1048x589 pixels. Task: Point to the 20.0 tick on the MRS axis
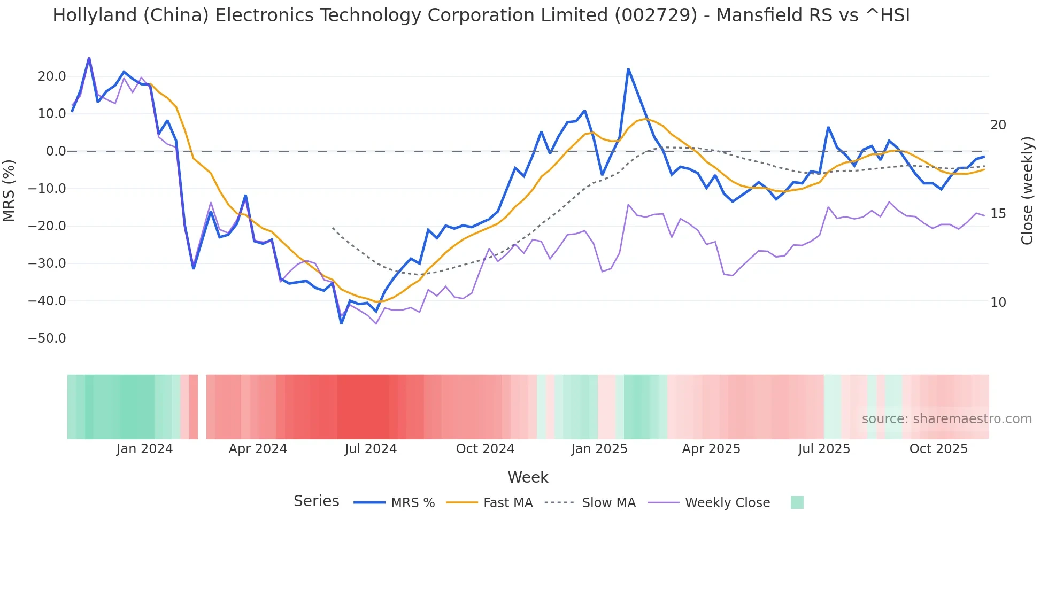point(52,76)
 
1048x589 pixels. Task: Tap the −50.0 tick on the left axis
point(48,338)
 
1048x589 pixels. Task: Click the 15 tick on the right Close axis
point(998,214)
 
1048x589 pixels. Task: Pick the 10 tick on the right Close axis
point(998,303)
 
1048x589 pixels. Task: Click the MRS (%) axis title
point(9,190)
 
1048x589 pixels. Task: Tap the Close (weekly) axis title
point(1027,191)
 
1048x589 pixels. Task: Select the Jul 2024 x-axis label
point(371,449)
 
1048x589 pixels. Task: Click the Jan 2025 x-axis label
point(599,449)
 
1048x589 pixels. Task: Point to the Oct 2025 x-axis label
point(938,449)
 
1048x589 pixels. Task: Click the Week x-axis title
point(528,477)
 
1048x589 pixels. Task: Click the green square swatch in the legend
point(797,502)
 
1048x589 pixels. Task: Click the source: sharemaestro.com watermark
point(946,419)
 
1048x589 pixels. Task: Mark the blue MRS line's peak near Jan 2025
point(628,69)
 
